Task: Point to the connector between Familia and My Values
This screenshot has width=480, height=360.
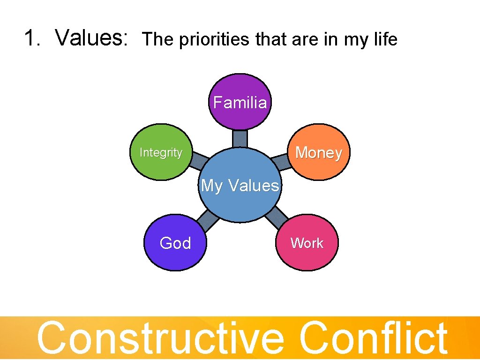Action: [240, 139]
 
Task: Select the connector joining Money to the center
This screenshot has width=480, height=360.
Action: [281, 162]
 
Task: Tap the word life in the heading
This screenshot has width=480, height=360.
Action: [383, 39]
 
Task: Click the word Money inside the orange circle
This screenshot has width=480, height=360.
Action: [319, 153]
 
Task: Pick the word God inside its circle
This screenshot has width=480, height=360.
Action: [175, 243]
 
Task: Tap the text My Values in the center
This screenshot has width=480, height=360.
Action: [240, 186]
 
